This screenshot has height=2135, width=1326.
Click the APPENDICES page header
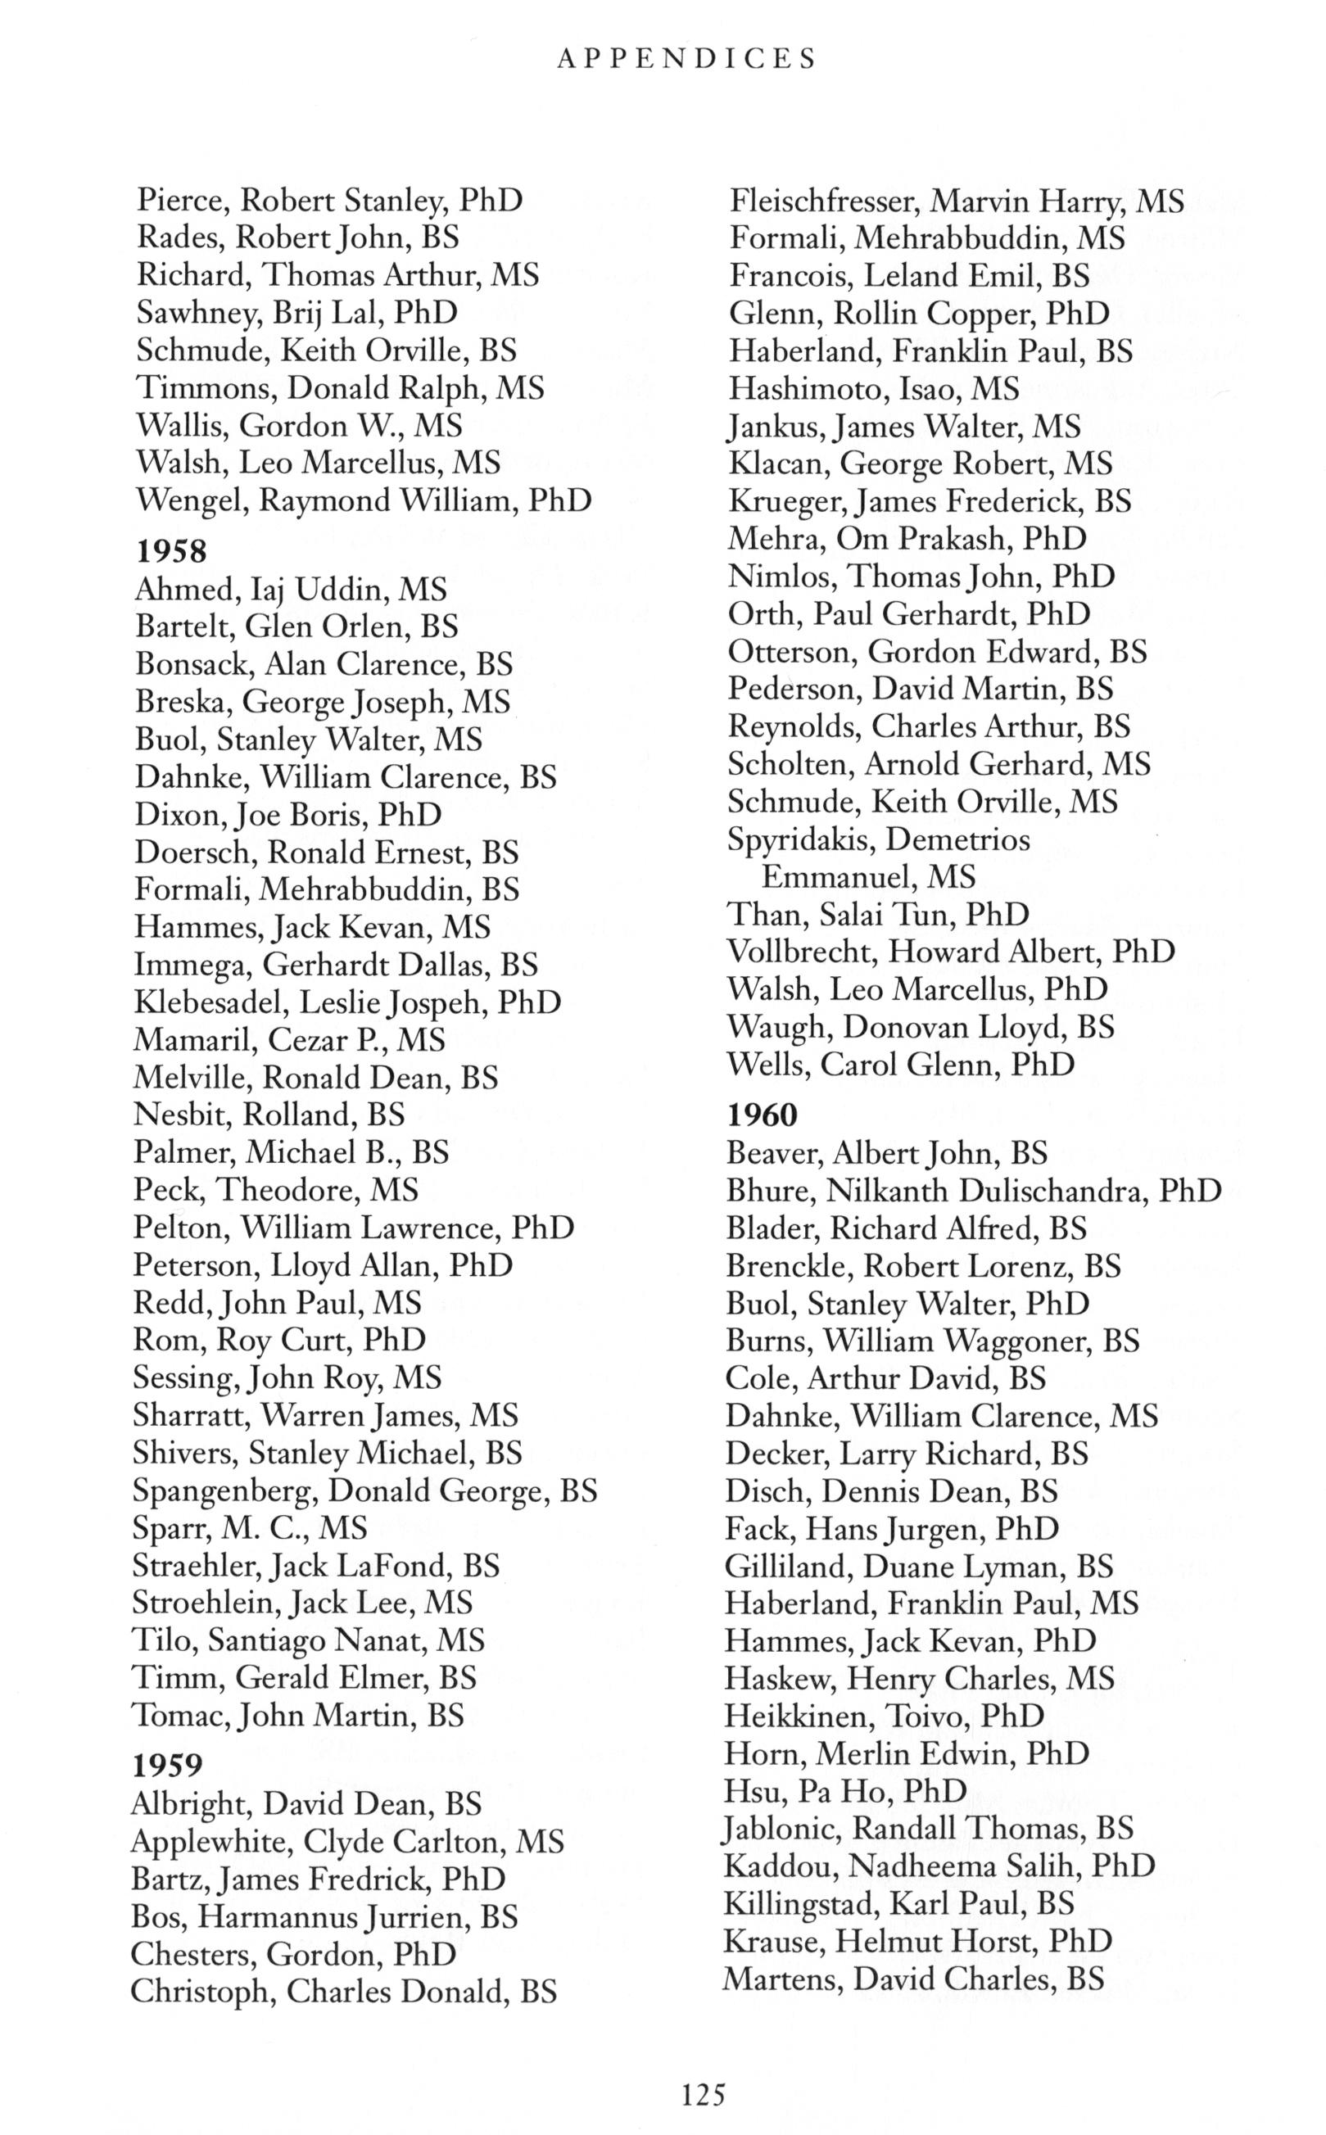686,59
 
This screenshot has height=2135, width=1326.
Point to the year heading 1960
762,1115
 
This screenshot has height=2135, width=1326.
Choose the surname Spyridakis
801,840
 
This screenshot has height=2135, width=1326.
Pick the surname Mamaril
194,1040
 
